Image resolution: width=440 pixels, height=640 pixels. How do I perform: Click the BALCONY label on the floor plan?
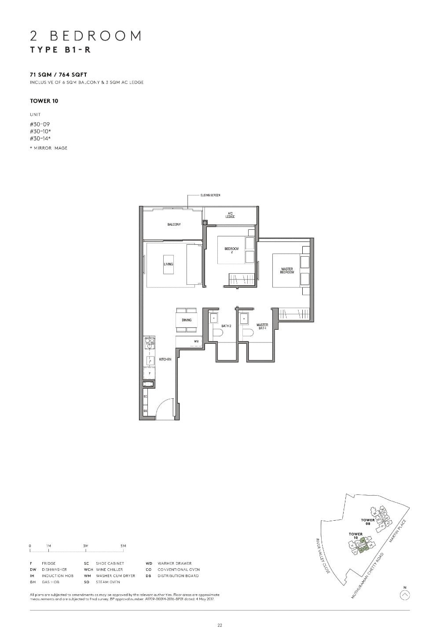174,224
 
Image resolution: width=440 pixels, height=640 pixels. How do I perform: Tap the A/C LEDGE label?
230,215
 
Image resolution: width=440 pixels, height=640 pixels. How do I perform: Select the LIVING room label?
168,264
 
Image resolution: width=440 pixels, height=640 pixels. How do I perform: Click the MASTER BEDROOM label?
287,271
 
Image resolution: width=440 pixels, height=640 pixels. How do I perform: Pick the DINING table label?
187,320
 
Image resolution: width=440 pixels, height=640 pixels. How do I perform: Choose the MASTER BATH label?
262,326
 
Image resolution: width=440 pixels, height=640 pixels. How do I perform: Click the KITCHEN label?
165,360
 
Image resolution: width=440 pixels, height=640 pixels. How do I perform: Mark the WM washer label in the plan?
196,342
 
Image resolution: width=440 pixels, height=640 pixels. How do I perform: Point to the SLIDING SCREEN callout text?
210,195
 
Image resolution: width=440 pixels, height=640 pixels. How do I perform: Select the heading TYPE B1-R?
60,49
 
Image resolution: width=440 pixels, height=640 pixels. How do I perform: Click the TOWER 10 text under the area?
44,101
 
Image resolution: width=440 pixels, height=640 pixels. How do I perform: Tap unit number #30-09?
40,125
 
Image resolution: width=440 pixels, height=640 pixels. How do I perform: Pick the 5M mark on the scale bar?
123,546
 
